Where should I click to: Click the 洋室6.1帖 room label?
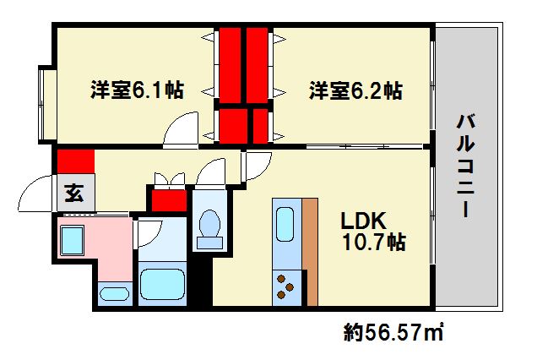click(x=137, y=90)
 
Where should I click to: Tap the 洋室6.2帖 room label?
click(x=355, y=90)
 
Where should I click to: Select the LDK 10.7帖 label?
click(x=372, y=232)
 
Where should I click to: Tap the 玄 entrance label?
click(x=74, y=193)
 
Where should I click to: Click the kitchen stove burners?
click(x=285, y=287)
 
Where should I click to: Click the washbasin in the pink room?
click(x=114, y=294)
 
